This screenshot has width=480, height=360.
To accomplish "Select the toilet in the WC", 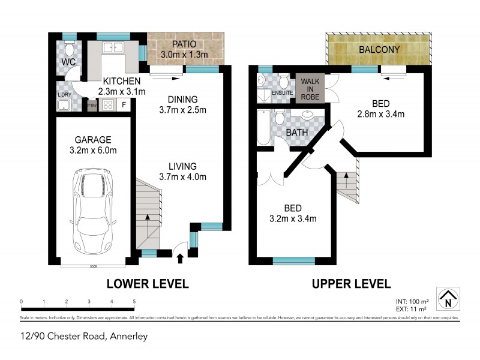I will [x=70, y=49].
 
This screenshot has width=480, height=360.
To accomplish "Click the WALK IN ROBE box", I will [x=310, y=88].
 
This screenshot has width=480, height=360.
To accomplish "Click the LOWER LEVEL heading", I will [x=148, y=284].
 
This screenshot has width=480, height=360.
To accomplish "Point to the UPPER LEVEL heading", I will [x=351, y=284].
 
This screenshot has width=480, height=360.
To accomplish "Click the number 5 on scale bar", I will [x=134, y=302].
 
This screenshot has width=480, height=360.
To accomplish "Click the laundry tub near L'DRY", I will [x=63, y=106].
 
